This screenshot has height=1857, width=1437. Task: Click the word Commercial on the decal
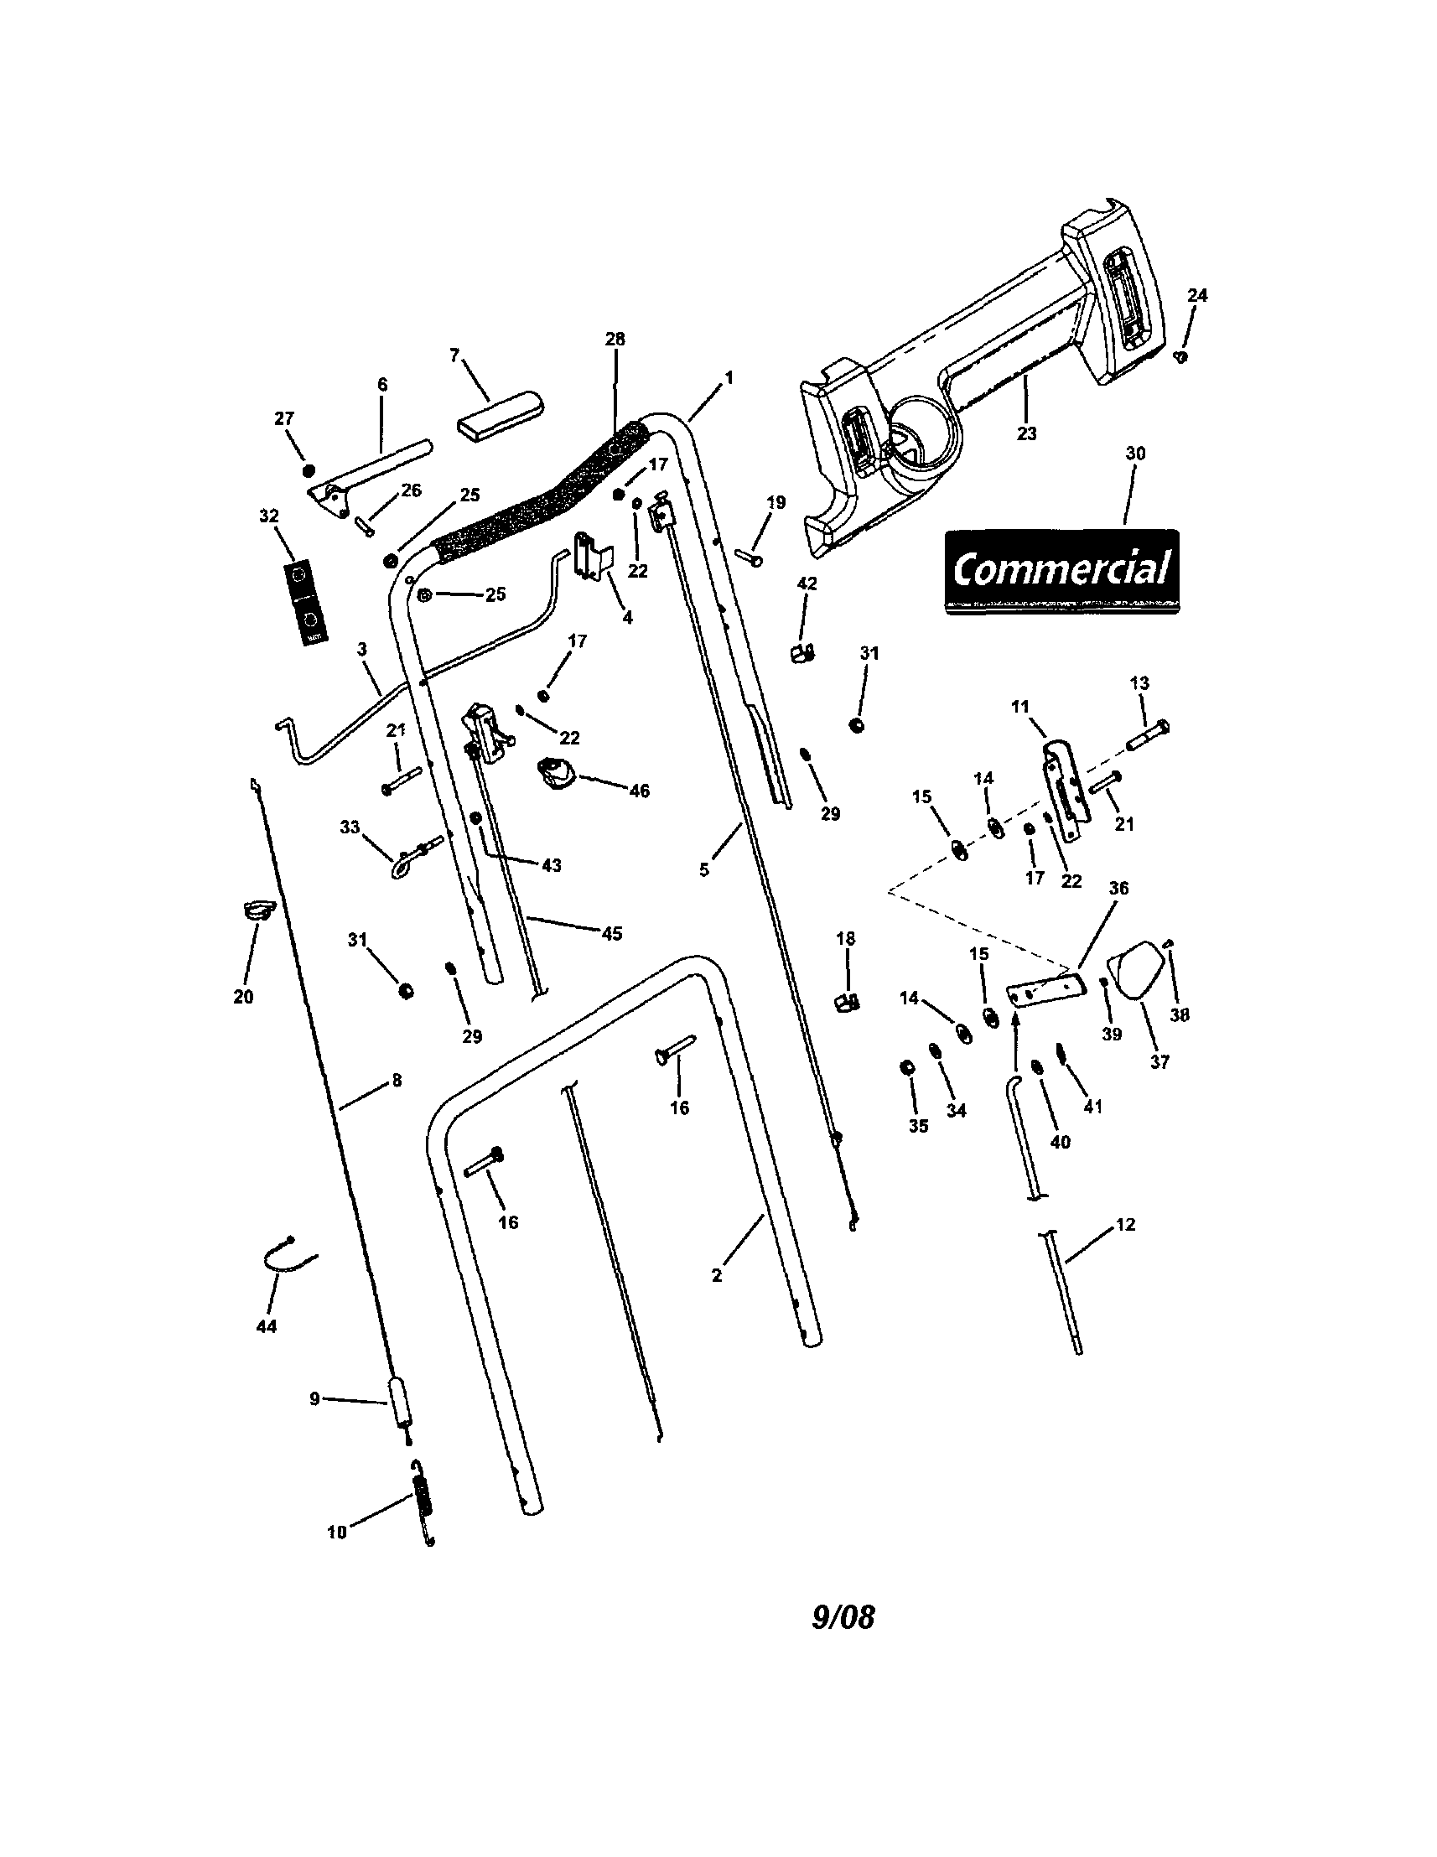pos(1061,568)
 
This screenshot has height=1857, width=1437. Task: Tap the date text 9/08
pos(843,1616)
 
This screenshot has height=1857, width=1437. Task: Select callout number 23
pos(1026,433)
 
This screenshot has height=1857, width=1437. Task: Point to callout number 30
pos(1135,454)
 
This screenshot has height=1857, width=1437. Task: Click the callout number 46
pos(639,791)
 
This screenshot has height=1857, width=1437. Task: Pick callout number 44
pos(266,1326)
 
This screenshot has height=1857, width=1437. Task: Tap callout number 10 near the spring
pos(337,1533)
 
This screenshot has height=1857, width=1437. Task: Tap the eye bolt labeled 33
pos(414,853)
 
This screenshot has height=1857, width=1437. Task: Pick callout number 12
pos(1124,1225)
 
